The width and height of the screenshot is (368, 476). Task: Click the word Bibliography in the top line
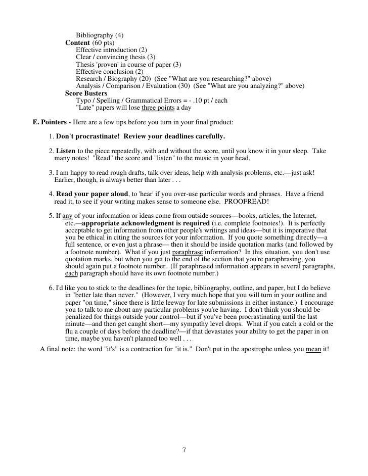pos(95,35)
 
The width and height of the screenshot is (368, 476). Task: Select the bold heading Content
pos(77,43)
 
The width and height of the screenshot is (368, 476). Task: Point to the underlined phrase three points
pos(158,108)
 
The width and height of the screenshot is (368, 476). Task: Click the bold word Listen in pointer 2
pos(66,151)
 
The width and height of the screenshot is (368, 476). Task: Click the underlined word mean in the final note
pos(314,349)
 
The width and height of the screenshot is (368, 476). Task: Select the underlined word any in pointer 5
pos(68,216)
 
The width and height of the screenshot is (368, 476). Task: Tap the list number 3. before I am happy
pos(52,173)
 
